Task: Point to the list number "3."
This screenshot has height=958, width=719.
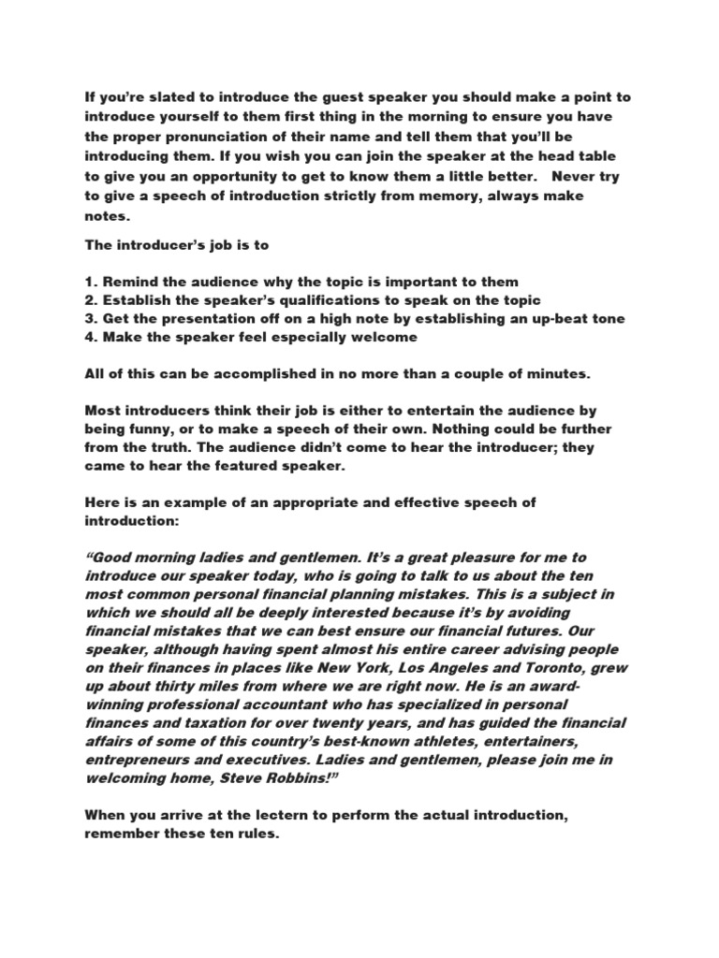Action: pos(92,319)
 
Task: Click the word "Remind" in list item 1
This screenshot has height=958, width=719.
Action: pos(130,282)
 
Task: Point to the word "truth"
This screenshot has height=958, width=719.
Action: pos(175,447)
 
